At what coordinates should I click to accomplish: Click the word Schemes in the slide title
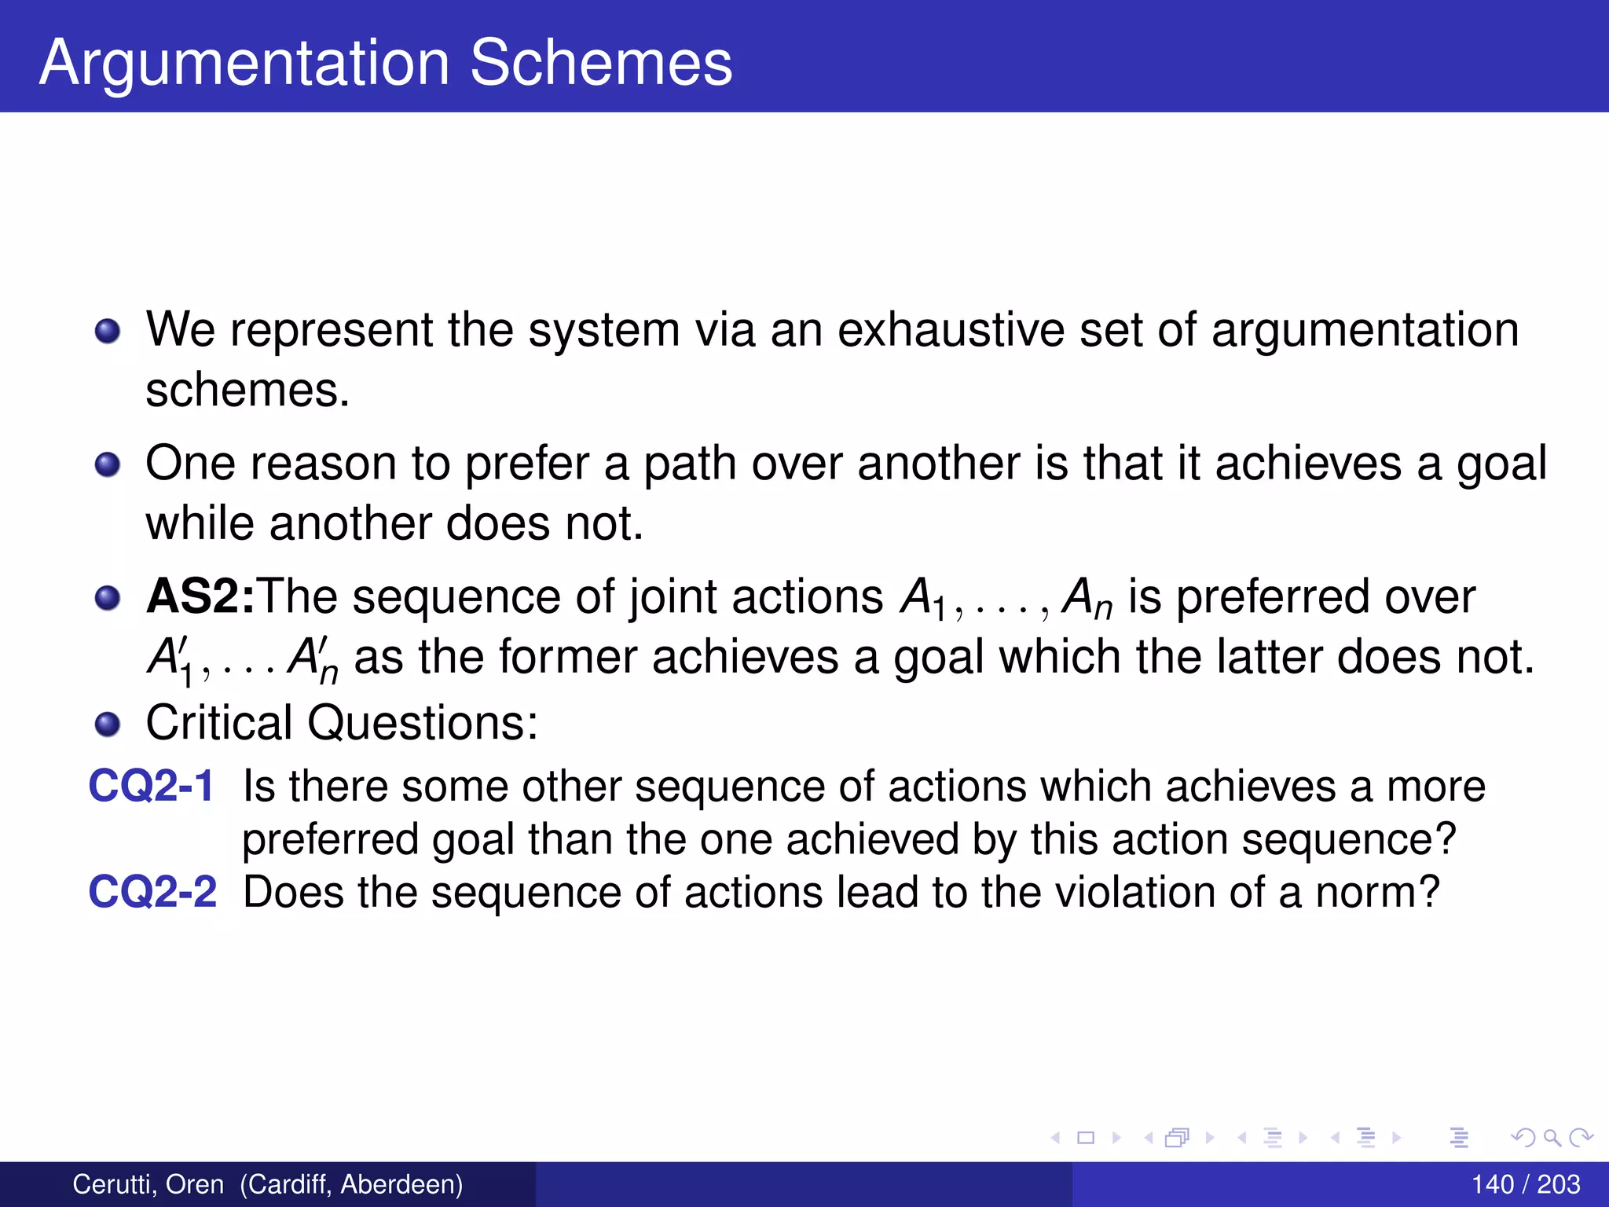[x=601, y=63]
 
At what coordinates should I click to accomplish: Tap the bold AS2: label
[x=200, y=596]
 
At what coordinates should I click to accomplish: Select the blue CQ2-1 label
[x=151, y=786]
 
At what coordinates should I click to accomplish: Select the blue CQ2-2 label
[x=152, y=892]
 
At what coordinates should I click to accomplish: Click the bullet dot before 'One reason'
[x=108, y=464]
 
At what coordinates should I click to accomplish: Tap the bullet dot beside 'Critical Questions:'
[x=108, y=724]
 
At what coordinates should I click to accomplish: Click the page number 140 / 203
[x=1525, y=1184]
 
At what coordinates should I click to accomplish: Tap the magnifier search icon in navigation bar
[x=1551, y=1137]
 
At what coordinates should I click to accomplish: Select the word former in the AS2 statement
[x=566, y=657]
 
